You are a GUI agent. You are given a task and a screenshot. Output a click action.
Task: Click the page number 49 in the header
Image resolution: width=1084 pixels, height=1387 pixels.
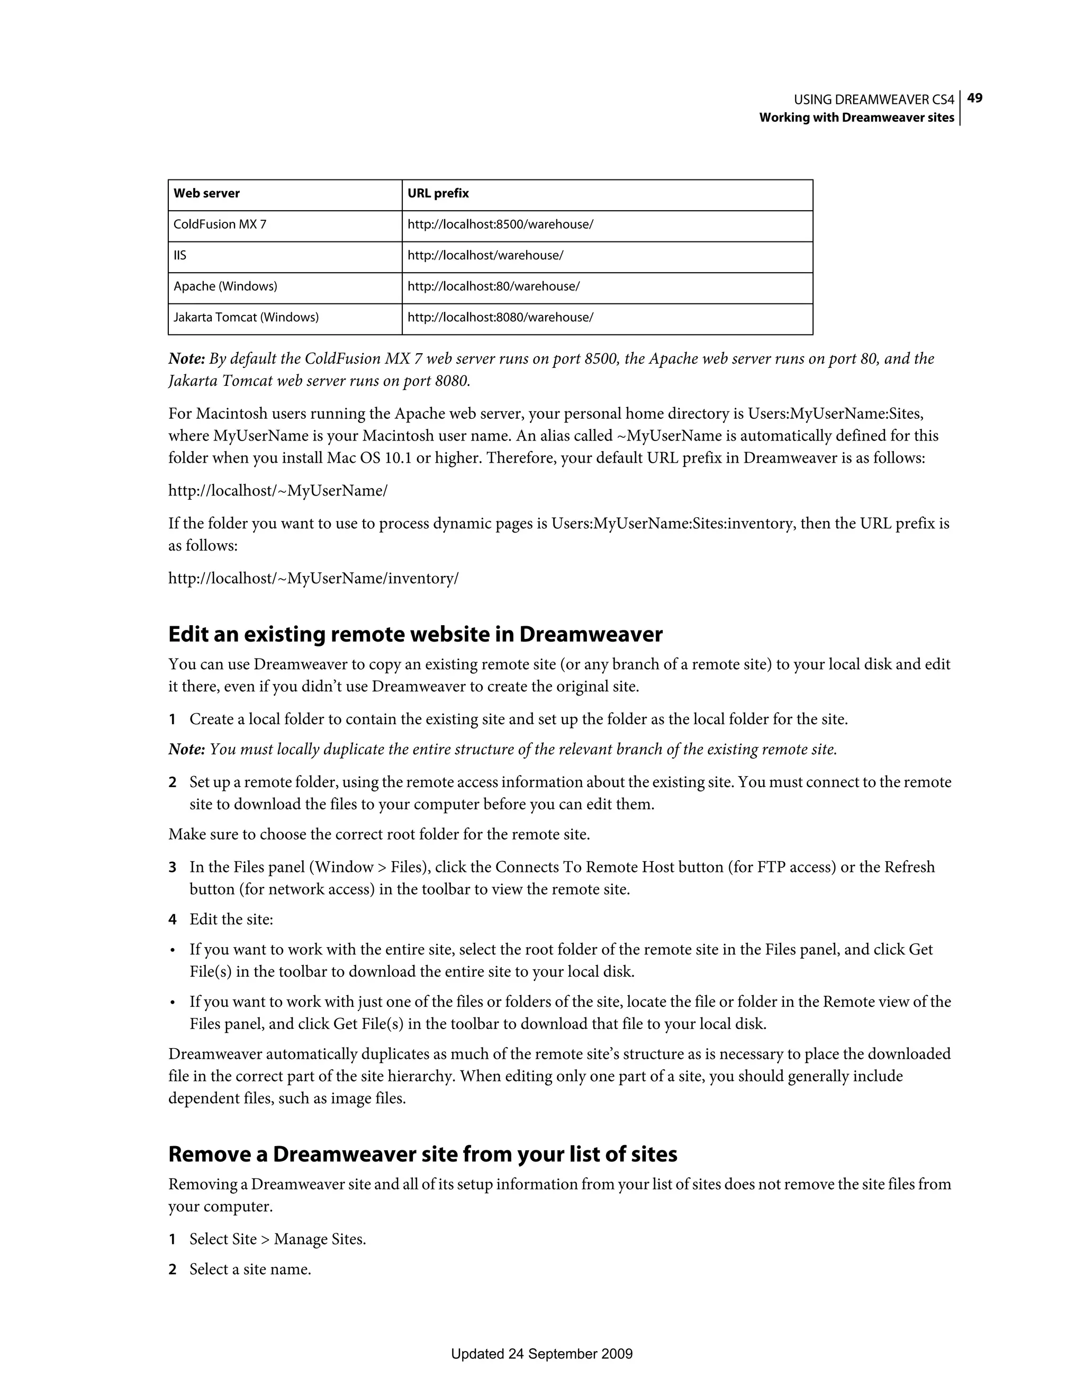click(x=975, y=98)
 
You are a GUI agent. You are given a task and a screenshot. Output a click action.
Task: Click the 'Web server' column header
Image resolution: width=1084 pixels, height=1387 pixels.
click(x=206, y=194)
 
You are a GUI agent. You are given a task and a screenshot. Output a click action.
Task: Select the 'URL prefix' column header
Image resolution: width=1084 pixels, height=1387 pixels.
click(x=438, y=194)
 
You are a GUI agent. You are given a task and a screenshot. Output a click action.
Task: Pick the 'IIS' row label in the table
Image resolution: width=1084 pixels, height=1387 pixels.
click(x=180, y=255)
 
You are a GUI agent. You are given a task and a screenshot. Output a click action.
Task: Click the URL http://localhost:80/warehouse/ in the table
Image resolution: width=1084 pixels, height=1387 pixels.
click(x=493, y=286)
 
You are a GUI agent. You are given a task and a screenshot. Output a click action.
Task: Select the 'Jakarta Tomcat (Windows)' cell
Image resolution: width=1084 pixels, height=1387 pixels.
click(x=246, y=318)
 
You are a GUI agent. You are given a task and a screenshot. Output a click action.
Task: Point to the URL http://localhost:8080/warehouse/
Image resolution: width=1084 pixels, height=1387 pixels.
click(x=500, y=318)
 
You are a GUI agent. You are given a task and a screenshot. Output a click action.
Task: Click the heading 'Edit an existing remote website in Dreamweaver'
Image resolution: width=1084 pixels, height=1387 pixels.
click(x=415, y=634)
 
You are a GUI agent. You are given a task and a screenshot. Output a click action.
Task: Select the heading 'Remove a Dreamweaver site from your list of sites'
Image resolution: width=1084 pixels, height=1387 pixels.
click(x=422, y=1154)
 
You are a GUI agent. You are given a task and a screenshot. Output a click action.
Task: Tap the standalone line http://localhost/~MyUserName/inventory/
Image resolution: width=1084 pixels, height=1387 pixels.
click(x=313, y=579)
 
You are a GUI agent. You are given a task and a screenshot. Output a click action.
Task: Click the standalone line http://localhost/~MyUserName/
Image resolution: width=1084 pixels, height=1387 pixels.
click(x=277, y=491)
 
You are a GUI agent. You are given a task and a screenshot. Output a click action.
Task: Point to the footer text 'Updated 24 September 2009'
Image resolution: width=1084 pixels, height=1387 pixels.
click(x=541, y=1354)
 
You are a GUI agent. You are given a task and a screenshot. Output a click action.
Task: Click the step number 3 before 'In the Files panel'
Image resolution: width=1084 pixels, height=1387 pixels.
click(x=172, y=868)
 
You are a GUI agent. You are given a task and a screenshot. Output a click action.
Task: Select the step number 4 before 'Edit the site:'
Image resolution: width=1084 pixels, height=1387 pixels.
click(x=172, y=920)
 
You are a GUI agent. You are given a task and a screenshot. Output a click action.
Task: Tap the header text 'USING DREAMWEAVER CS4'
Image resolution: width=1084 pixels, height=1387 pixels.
click(x=873, y=100)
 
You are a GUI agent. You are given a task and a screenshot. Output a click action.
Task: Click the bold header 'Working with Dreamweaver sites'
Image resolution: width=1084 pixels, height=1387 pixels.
click(x=856, y=118)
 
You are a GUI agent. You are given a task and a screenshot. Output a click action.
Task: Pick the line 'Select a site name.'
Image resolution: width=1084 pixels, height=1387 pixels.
click(x=250, y=1269)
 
